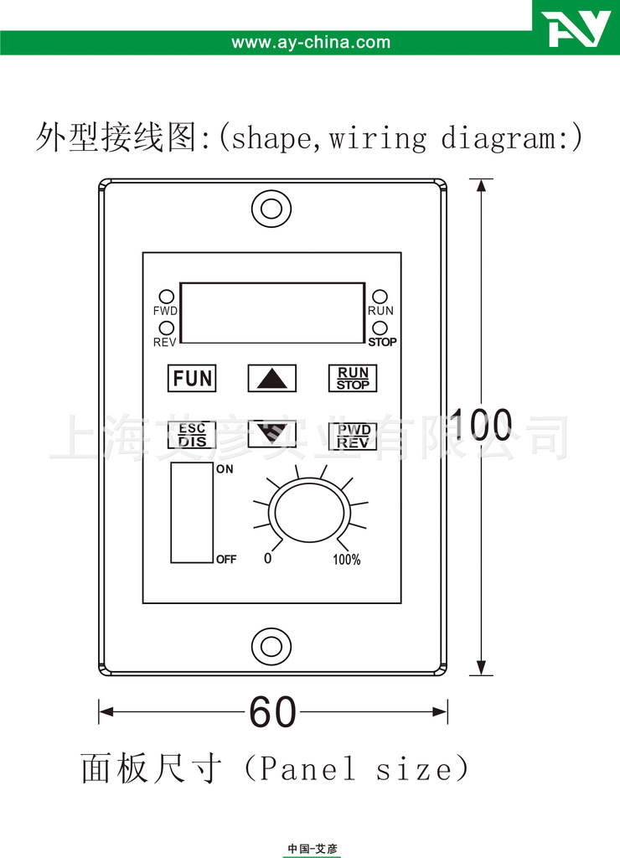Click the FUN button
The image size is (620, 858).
(x=192, y=378)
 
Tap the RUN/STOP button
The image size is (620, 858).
(x=353, y=378)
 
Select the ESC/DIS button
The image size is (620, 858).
(x=192, y=435)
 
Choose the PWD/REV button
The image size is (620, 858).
(x=353, y=436)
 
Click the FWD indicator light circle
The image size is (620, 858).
(x=167, y=297)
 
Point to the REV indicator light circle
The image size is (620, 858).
(x=167, y=328)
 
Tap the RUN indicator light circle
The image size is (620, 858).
(x=380, y=297)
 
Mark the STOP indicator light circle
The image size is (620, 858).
(x=380, y=328)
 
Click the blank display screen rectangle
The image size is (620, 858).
(x=272, y=313)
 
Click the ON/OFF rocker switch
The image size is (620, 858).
(x=192, y=513)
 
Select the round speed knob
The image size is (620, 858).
(x=310, y=513)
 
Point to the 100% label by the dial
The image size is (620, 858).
(x=347, y=559)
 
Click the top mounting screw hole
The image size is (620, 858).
(x=271, y=209)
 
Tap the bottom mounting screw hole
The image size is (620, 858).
(x=271, y=646)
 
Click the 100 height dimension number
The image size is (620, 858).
(x=481, y=424)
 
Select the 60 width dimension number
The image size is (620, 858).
(x=272, y=712)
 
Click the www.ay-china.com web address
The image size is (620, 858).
(x=311, y=42)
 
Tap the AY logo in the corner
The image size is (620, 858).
(x=576, y=28)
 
